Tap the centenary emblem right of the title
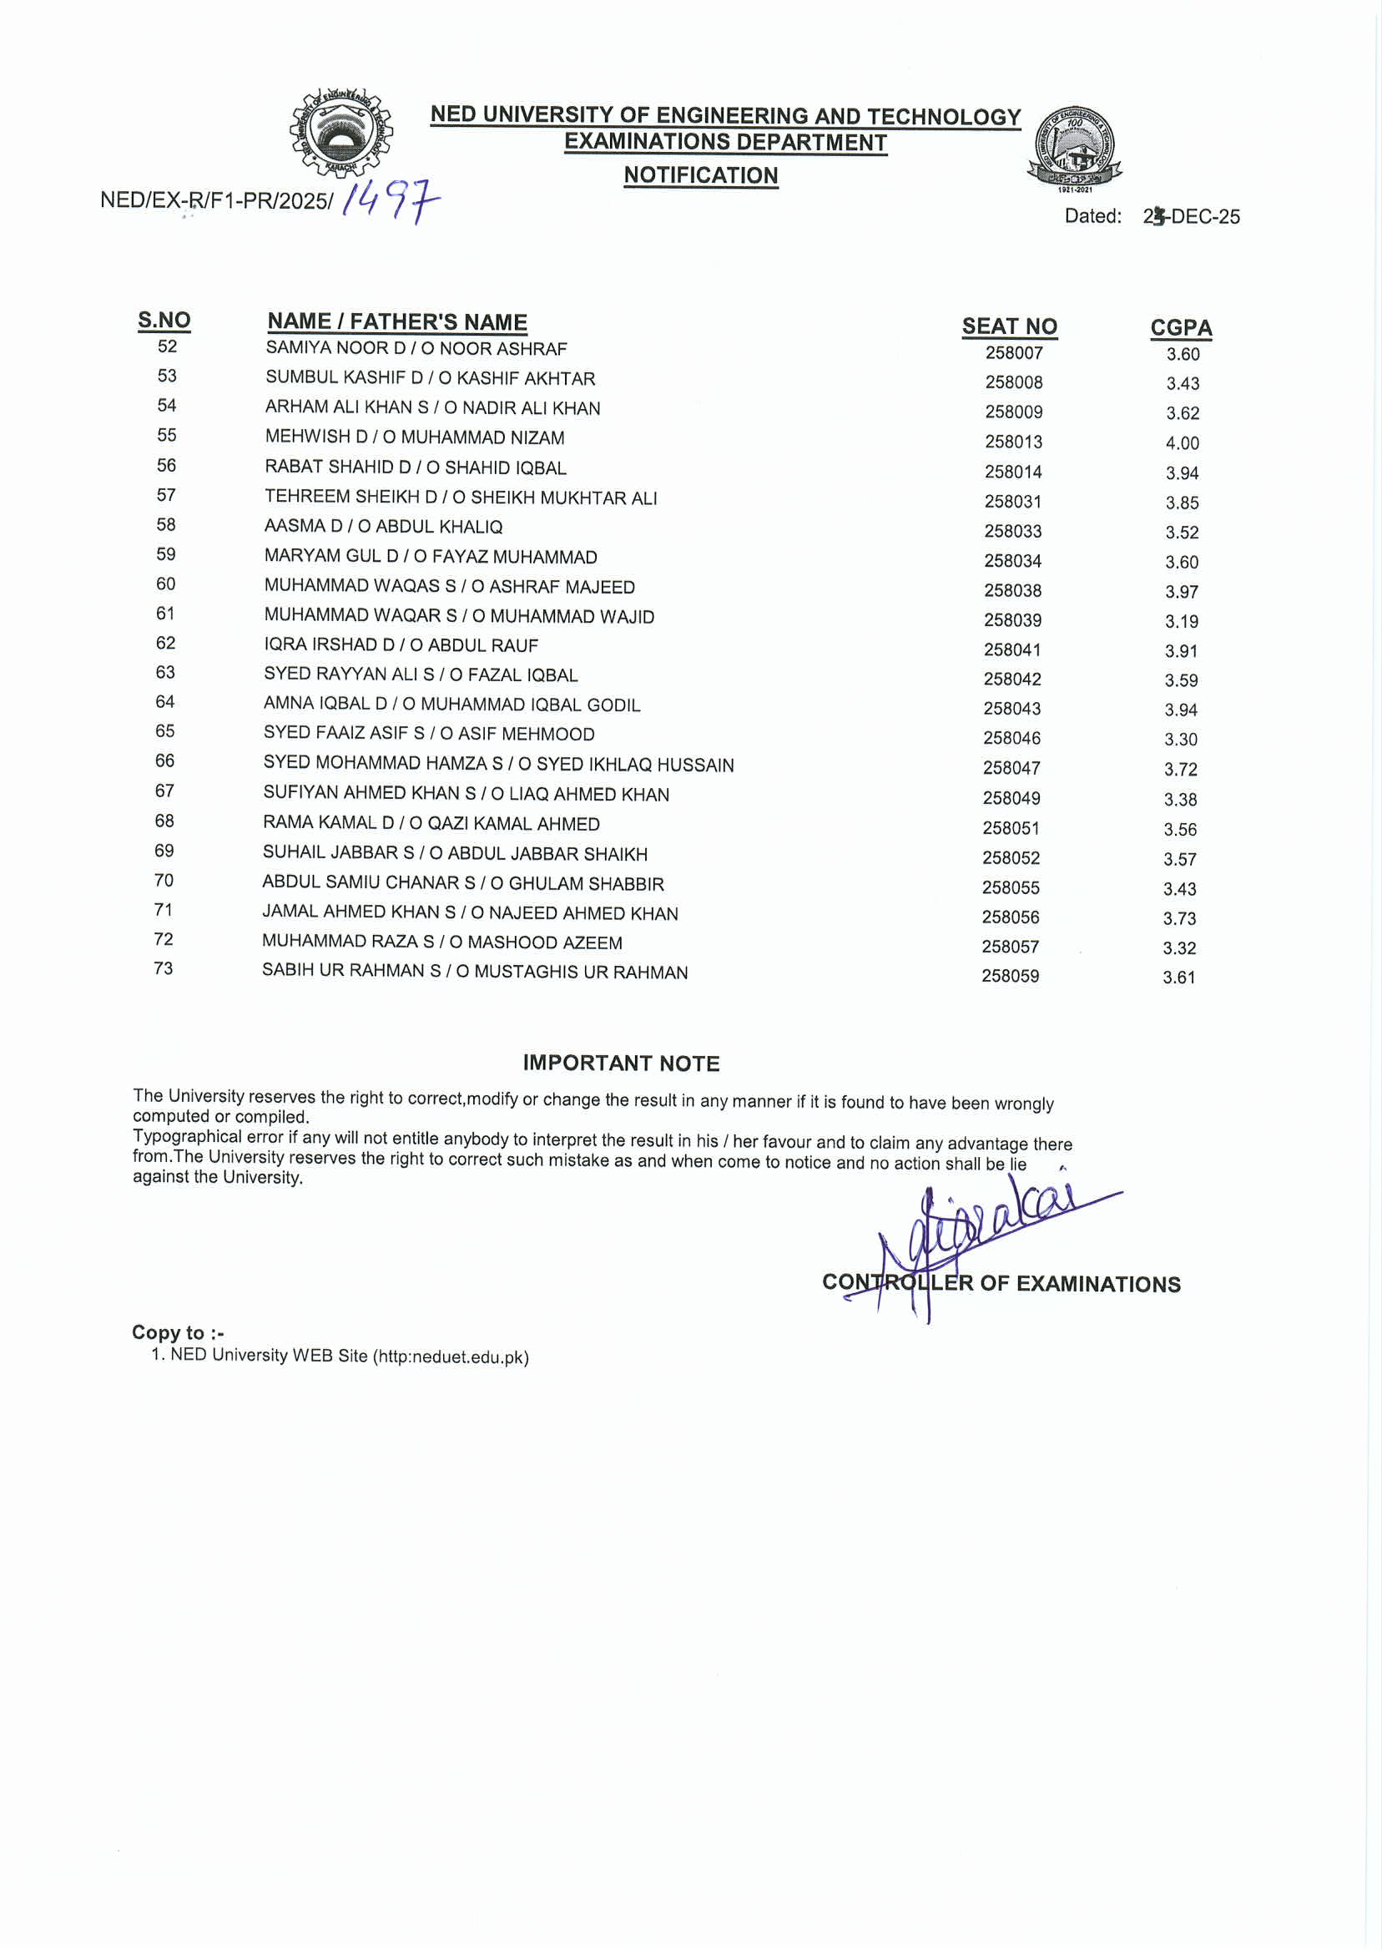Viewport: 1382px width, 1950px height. (x=1075, y=148)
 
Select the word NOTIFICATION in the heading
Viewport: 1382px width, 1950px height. (x=700, y=175)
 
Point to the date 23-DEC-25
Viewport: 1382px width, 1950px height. (x=1191, y=217)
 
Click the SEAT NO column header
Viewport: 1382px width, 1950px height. (x=1009, y=327)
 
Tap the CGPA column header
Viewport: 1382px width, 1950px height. (x=1180, y=328)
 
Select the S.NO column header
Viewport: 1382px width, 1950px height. (x=164, y=321)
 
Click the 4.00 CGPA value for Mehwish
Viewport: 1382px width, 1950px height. (x=1182, y=443)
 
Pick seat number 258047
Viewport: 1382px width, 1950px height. (x=1011, y=769)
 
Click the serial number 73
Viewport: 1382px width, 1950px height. (x=164, y=968)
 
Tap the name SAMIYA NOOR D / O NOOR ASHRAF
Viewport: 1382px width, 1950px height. (x=416, y=349)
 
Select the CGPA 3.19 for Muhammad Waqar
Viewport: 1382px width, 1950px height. (x=1181, y=621)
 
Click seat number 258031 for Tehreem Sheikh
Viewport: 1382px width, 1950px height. (x=1012, y=503)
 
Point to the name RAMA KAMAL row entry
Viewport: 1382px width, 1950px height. (x=431, y=824)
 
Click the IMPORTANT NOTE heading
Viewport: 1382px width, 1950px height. (x=621, y=1063)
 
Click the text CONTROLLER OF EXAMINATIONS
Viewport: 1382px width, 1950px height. (x=1001, y=1284)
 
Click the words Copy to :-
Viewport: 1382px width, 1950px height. (x=178, y=1332)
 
